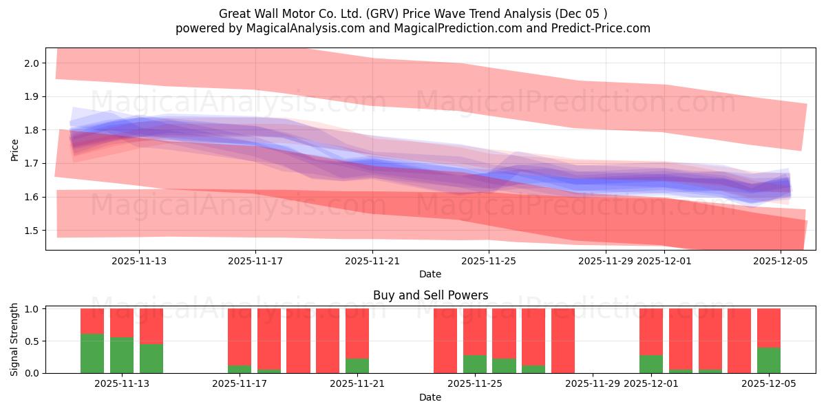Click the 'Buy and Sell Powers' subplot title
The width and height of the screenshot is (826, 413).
pyautogui.click(x=430, y=295)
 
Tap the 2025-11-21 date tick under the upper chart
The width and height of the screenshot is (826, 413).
pyautogui.click(x=372, y=261)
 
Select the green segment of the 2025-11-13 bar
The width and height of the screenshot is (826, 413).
pyautogui.click(x=151, y=358)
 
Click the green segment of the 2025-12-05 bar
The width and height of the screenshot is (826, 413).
pyautogui.click(x=769, y=360)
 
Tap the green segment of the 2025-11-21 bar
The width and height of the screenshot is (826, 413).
pyautogui.click(x=357, y=366)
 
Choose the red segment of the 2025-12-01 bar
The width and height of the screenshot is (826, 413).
pyautogui.click(x=650, y=331)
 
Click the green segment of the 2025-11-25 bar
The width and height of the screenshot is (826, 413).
pyautogui.click(x=474, y=364)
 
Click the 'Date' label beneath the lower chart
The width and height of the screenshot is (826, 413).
pyautogui.click(x=430, y=397)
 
